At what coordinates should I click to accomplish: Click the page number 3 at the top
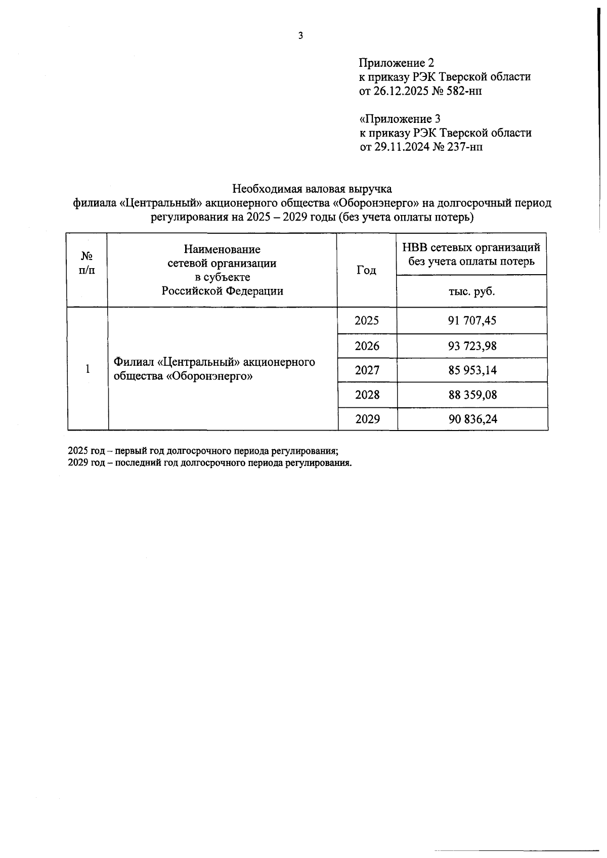[300, 35]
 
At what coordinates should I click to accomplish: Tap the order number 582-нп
[457, 91]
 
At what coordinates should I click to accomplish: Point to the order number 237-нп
[458, 147]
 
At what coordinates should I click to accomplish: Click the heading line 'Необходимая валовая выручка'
[312, 189]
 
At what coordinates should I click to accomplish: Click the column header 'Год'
[366, 270]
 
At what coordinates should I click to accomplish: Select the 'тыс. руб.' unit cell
[471, 292]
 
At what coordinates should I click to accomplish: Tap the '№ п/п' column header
[87, 263]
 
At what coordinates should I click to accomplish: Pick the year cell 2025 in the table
[367, 321]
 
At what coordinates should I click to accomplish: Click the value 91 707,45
[472, 321]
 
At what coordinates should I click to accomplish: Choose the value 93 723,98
[472, 346]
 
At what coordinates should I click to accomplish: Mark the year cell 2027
[367, 370]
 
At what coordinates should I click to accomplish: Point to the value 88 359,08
[472, 395]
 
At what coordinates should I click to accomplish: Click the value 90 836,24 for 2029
[472, 419]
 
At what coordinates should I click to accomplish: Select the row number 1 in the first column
[88, 369]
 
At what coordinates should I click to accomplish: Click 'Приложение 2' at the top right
[396, 63]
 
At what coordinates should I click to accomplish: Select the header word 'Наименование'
[222, 249]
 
